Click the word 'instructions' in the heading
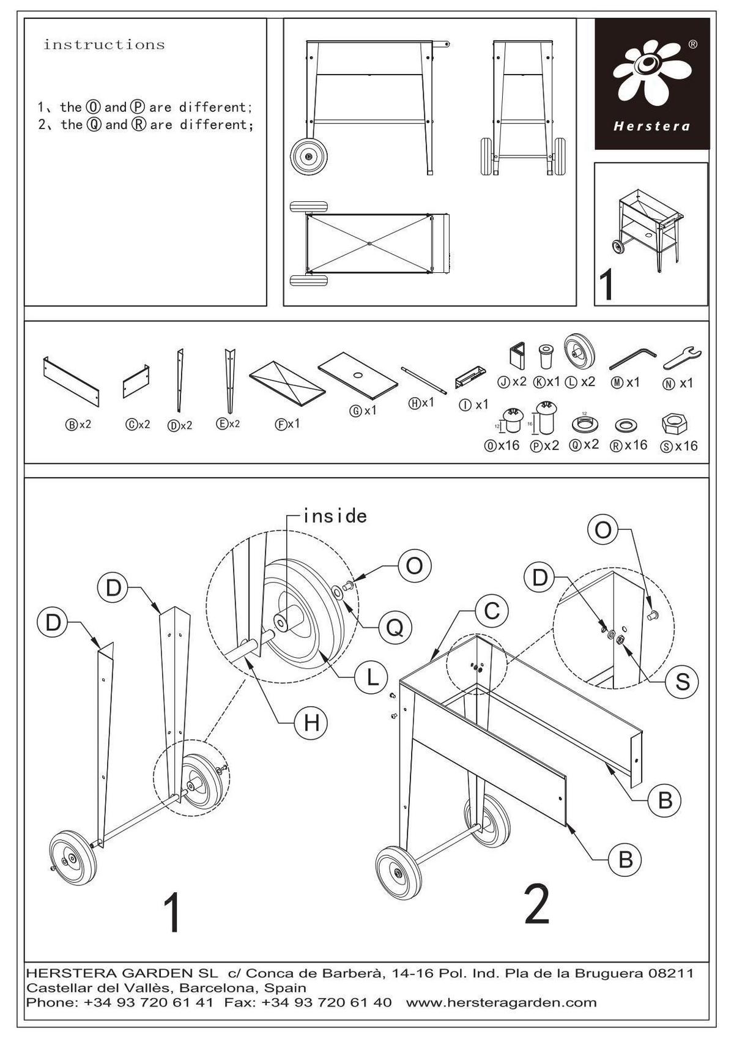104,45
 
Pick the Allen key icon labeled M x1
632,358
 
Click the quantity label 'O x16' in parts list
502,445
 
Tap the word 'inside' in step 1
335,516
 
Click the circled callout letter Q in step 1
395,628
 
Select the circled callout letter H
311,723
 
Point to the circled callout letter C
492,610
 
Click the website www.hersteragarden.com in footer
501,1002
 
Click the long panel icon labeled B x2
71,382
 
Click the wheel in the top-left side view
308,157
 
